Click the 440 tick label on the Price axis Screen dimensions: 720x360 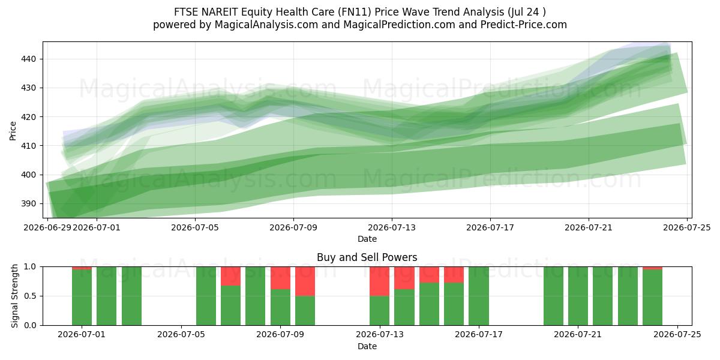point(28,59)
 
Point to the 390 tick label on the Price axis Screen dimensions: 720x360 point(28,203)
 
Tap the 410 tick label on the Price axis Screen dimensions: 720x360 point(28,146)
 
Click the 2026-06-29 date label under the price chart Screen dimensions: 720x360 point(47,227)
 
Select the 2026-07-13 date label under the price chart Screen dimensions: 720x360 point(392,227)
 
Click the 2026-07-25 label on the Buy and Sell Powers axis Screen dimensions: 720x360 point(677,335)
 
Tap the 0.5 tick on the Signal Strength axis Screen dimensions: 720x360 point(31,296)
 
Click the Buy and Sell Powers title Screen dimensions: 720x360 point(367,257)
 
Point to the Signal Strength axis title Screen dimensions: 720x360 point(14,296)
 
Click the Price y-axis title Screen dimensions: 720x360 point(13,131)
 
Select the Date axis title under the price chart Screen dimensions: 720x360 point(367,239)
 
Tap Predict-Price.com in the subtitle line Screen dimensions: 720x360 point(524,25)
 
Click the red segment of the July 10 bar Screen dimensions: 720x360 point(305,281)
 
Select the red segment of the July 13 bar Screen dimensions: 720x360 point(379,281)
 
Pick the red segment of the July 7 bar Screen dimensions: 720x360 point(230,276)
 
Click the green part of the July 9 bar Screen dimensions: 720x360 point(280,307)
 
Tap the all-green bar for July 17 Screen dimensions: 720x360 point(479,296)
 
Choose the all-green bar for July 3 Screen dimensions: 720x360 point(131,296)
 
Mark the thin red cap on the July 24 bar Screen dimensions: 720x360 point(653,268)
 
